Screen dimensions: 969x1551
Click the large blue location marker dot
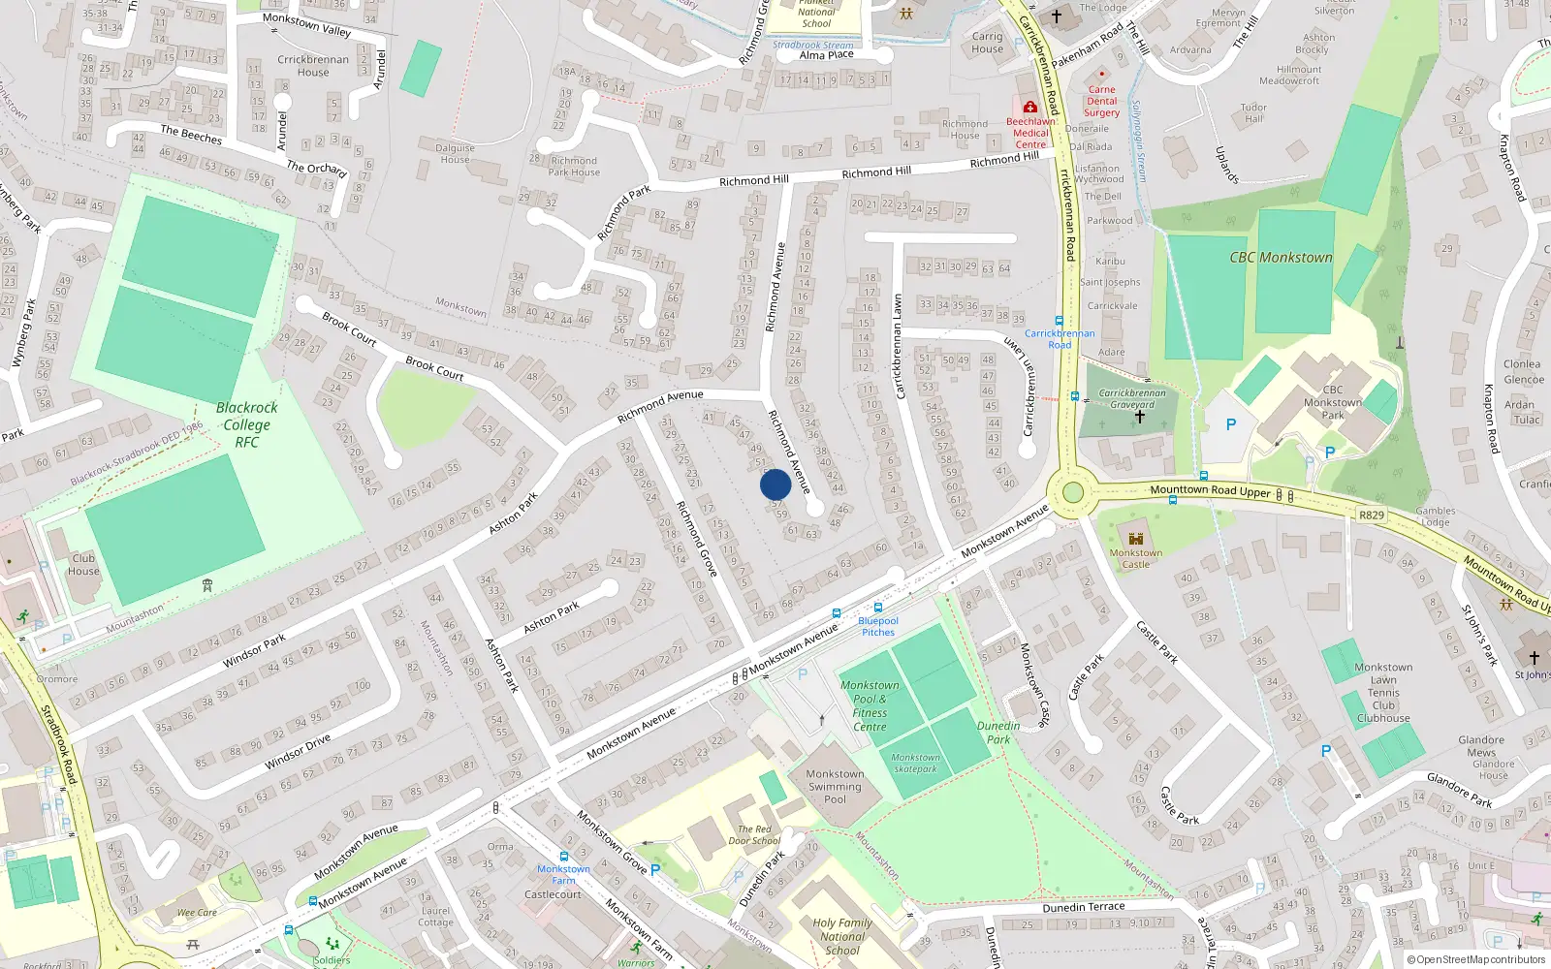pyautogui.click(x=775, y=484)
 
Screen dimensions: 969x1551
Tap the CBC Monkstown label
pyautogui.click(x=1281, y=258)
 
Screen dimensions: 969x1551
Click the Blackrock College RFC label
pyautogui.click(x=246, y=424)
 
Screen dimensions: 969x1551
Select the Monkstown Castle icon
pyautogui.click(x=1136, y=539)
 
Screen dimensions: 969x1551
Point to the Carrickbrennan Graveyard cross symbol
pyautogui.click(x=1140, y=417)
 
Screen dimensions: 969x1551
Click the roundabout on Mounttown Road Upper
pyautogui.click(x=1072, y=492)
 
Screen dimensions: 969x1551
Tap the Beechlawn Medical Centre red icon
pyautogui.click(x=1029, y=108)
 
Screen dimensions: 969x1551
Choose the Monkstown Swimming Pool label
pyautogui.click(x=835, y=787)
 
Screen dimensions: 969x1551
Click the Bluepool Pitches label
pyautogui.click(x=878, y=626)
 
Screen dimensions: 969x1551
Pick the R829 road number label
pyautogui.click(x=1371, y=516)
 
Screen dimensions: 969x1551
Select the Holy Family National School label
pyautogui.click(x=841, y=936)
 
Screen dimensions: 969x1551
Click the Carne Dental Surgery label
pyautogui.click(x=1101, y=101)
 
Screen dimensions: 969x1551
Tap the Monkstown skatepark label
pyautogui.click(x=915, y=764)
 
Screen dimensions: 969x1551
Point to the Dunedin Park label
pyautogui.click(x=998, y=733)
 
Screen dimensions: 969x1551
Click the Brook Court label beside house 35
pyautogui.click(x=349, y=328)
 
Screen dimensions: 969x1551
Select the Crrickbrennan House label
pyautogui.click(x=312, y=66)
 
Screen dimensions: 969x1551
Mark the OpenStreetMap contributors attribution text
pyautogui.click(x=1480, y=959)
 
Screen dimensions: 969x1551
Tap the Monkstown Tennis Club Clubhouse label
pyautogui.click(x=1383, y=693)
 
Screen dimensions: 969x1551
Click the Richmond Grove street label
pyautogui.click(x=696, y=539)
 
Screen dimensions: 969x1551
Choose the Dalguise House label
pyautogui.click(x=455, y=154)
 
